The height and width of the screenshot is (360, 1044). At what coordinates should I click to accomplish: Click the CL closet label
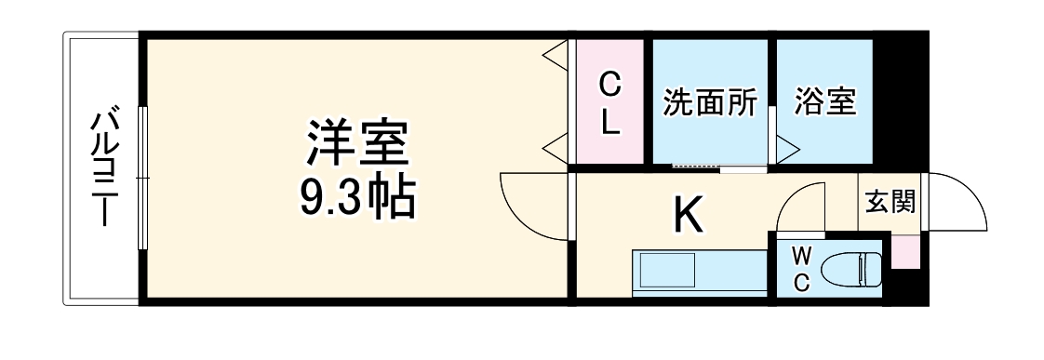pos(609,103)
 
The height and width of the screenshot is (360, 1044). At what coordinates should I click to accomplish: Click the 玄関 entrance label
pos(890,201)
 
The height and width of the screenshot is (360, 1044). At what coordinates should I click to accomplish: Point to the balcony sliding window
pos(142,177)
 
